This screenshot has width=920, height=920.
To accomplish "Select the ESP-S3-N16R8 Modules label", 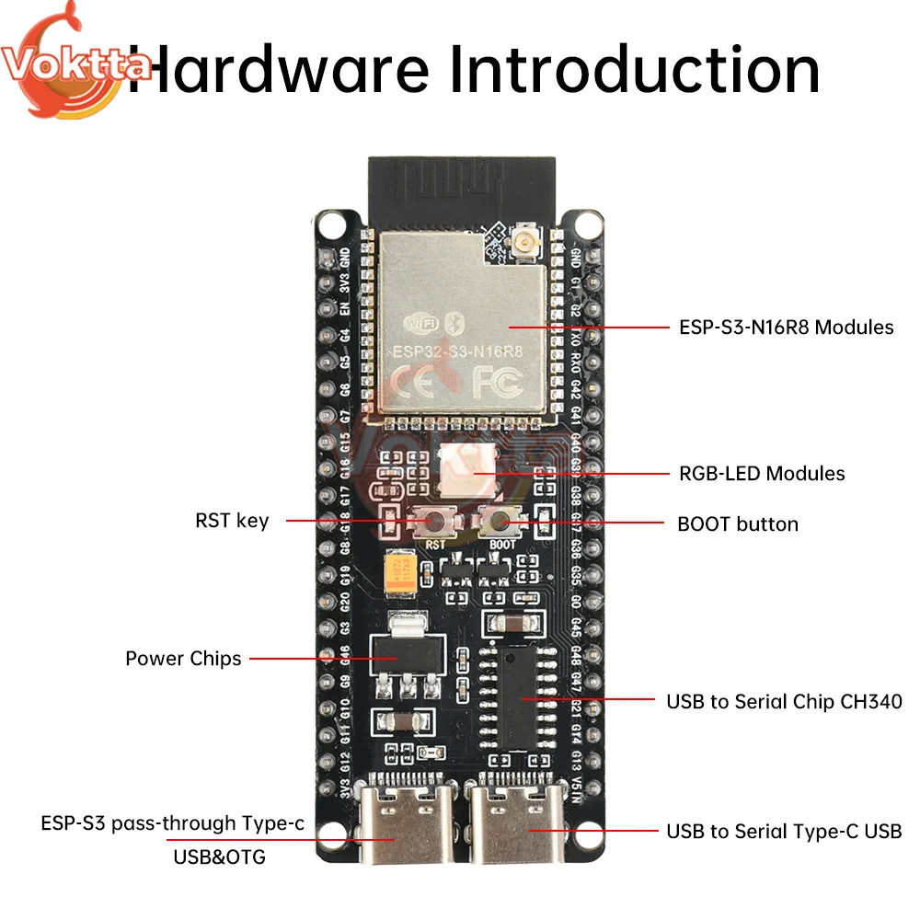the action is pos(786,327).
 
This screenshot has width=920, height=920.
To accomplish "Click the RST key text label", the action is pos(232,521).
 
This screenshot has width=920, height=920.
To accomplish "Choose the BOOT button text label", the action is pos(738,524).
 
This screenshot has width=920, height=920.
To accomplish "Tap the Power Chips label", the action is pos(183,659).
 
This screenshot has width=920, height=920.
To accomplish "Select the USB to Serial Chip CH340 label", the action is pos(784,701).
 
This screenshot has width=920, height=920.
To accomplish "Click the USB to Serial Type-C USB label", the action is pos(784,831).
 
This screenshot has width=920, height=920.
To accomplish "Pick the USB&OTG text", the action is pos(219,857).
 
